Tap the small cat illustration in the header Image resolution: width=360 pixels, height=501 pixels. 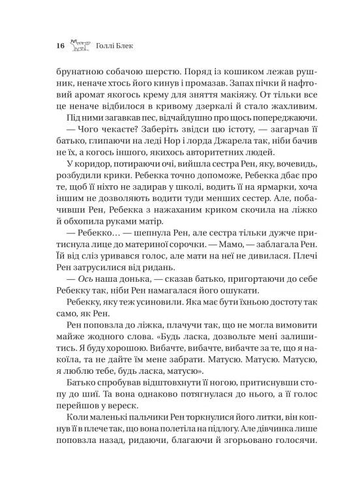(x=81, y=44)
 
